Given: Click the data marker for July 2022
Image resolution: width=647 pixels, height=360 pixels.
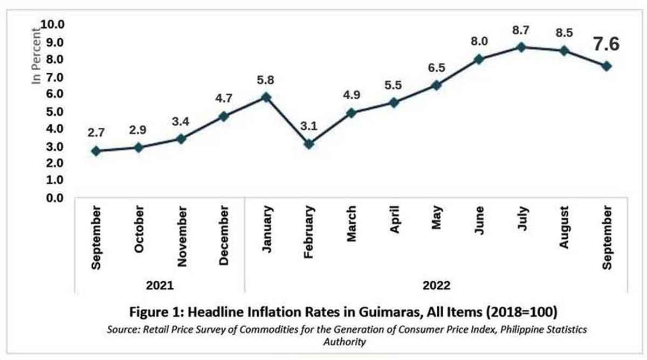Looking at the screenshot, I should [521, 47].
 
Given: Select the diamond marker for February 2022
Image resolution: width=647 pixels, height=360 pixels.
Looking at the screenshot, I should [308, 144].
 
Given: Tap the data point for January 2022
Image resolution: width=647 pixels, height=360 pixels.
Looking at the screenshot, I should [266, 98].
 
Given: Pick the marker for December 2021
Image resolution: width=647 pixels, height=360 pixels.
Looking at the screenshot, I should [223, 116].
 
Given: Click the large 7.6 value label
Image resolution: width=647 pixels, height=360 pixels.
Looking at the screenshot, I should [606, 44].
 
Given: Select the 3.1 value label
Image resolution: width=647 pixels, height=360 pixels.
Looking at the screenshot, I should [308, 127].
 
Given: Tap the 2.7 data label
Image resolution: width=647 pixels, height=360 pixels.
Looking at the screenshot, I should [96, 133].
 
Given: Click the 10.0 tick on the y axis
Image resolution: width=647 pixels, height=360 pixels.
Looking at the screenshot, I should [53, 25].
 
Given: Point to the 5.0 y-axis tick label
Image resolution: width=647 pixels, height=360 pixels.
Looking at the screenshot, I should [56, 112].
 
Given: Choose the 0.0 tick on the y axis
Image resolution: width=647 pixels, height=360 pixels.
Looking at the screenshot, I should [56, 198].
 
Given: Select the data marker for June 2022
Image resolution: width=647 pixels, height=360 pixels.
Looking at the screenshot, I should [478, 59].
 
